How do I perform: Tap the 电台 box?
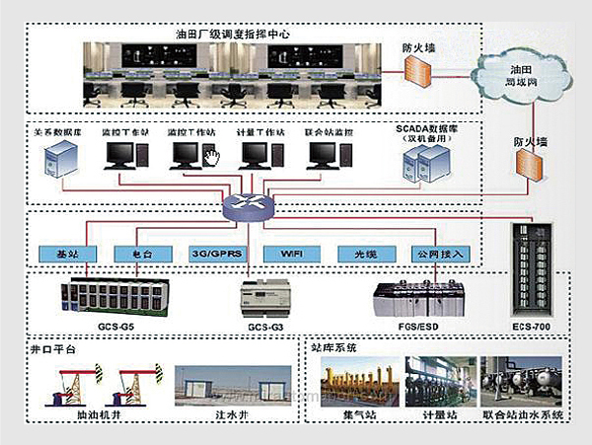[x=137, y=254]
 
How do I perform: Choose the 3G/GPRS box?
[x=214, y=254]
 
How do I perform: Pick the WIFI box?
[x=290, y=254]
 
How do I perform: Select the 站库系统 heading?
[x=334, y=348]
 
